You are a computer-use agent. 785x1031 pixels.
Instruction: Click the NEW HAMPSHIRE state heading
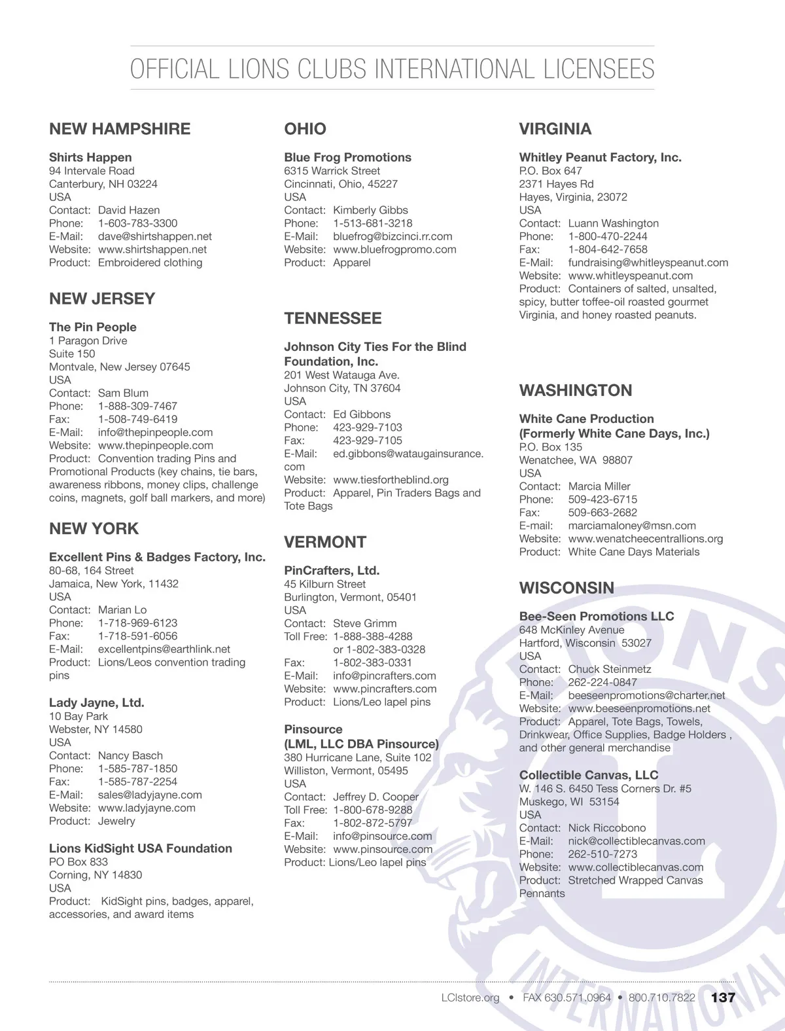[x=120, y=129]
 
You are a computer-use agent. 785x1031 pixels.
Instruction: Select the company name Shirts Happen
[x=90, y=157]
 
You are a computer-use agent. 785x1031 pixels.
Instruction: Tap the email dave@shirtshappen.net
[x=155, y=236]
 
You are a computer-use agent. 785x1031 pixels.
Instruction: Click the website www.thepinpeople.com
[x=156, y=445]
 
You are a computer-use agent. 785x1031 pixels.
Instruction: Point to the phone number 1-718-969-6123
[x=137, y=623]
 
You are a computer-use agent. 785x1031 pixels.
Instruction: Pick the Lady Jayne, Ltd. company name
[x=97, y=702]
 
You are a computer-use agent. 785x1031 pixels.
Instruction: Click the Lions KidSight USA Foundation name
[x=141, y=848]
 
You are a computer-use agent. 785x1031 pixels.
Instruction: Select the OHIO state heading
[x=305, y=129]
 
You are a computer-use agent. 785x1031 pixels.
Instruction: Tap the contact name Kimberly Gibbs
[x=370, y=210]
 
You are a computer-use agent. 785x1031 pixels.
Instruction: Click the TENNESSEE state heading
[x=332, y=319]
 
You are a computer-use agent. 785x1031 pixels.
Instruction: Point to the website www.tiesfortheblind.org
[x=391, y=480]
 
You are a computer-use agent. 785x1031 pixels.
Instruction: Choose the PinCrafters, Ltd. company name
[x=332, y=570]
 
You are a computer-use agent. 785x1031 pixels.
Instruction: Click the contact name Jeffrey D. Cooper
[x=375, y=797]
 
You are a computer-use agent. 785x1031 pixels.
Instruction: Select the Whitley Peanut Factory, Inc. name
[x=600, y=157]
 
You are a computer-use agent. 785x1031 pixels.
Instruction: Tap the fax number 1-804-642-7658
[x=608, y=249]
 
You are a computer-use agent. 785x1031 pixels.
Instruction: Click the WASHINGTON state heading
[x=576, y=391]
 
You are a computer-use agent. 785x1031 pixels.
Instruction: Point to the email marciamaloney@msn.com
[x=632, y=526]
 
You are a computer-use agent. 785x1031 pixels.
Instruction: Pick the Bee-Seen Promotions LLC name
[x=596, y=616]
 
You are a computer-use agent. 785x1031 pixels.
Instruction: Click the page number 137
[x=723, y=998]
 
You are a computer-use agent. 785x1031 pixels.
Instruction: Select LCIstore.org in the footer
[x=470, y=998]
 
